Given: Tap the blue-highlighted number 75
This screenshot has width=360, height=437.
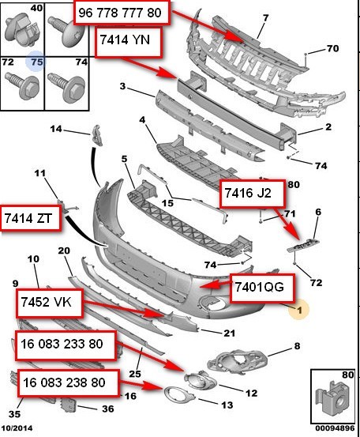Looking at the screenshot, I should (x=35, y=61).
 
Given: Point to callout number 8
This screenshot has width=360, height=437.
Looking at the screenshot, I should (x=297, y=346).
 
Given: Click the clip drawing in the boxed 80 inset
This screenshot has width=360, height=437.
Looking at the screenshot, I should (x=332, y=396).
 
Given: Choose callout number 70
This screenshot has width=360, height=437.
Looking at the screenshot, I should (x=332, y=49).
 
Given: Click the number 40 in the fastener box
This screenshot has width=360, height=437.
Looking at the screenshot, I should (x=36, y=8).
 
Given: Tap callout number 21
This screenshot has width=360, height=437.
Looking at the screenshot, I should (x=229, y=332).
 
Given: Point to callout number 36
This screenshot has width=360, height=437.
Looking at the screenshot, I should (x=108, y=409).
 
